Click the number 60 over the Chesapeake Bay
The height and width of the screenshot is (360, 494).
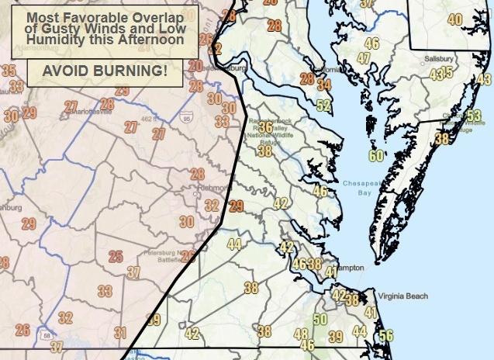(x=377, y=156)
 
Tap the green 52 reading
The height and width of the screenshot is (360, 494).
(x=324, y=106)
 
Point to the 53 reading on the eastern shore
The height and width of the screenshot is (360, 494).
(x=474, y=116)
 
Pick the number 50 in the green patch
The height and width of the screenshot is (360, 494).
(x=320, y=319)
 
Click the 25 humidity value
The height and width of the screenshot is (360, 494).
(x=116, y=257)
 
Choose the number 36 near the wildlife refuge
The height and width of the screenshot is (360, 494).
(x=265, y=127)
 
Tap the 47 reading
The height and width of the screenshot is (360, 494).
(x=364, y=58)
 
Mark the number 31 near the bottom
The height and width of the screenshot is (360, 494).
(x=120, y=333)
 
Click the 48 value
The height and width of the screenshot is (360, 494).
(x=302, y=334)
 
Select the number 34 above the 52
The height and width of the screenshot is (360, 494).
(x=323, y=85)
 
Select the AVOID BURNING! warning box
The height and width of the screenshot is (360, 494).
(x=105, y=71)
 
